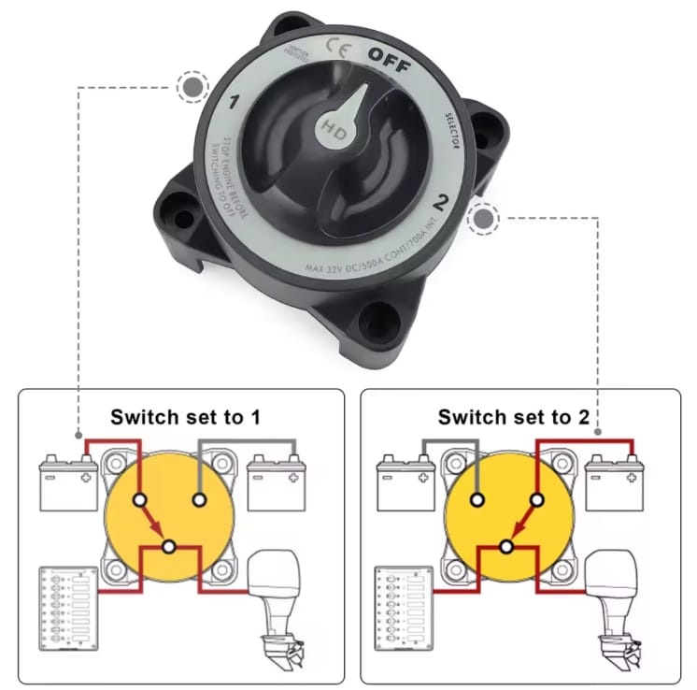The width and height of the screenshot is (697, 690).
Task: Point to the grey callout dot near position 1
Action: tap(192, 89)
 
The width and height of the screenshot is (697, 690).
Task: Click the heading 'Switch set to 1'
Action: tap(185, 416)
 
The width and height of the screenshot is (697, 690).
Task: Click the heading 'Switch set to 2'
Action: tap(514, 416)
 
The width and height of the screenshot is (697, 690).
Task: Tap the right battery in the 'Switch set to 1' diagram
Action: tap(277, 482)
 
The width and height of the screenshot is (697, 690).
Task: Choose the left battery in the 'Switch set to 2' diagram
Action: tap(405, 482)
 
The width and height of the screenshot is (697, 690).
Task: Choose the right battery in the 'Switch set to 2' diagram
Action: tap(613, 482)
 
